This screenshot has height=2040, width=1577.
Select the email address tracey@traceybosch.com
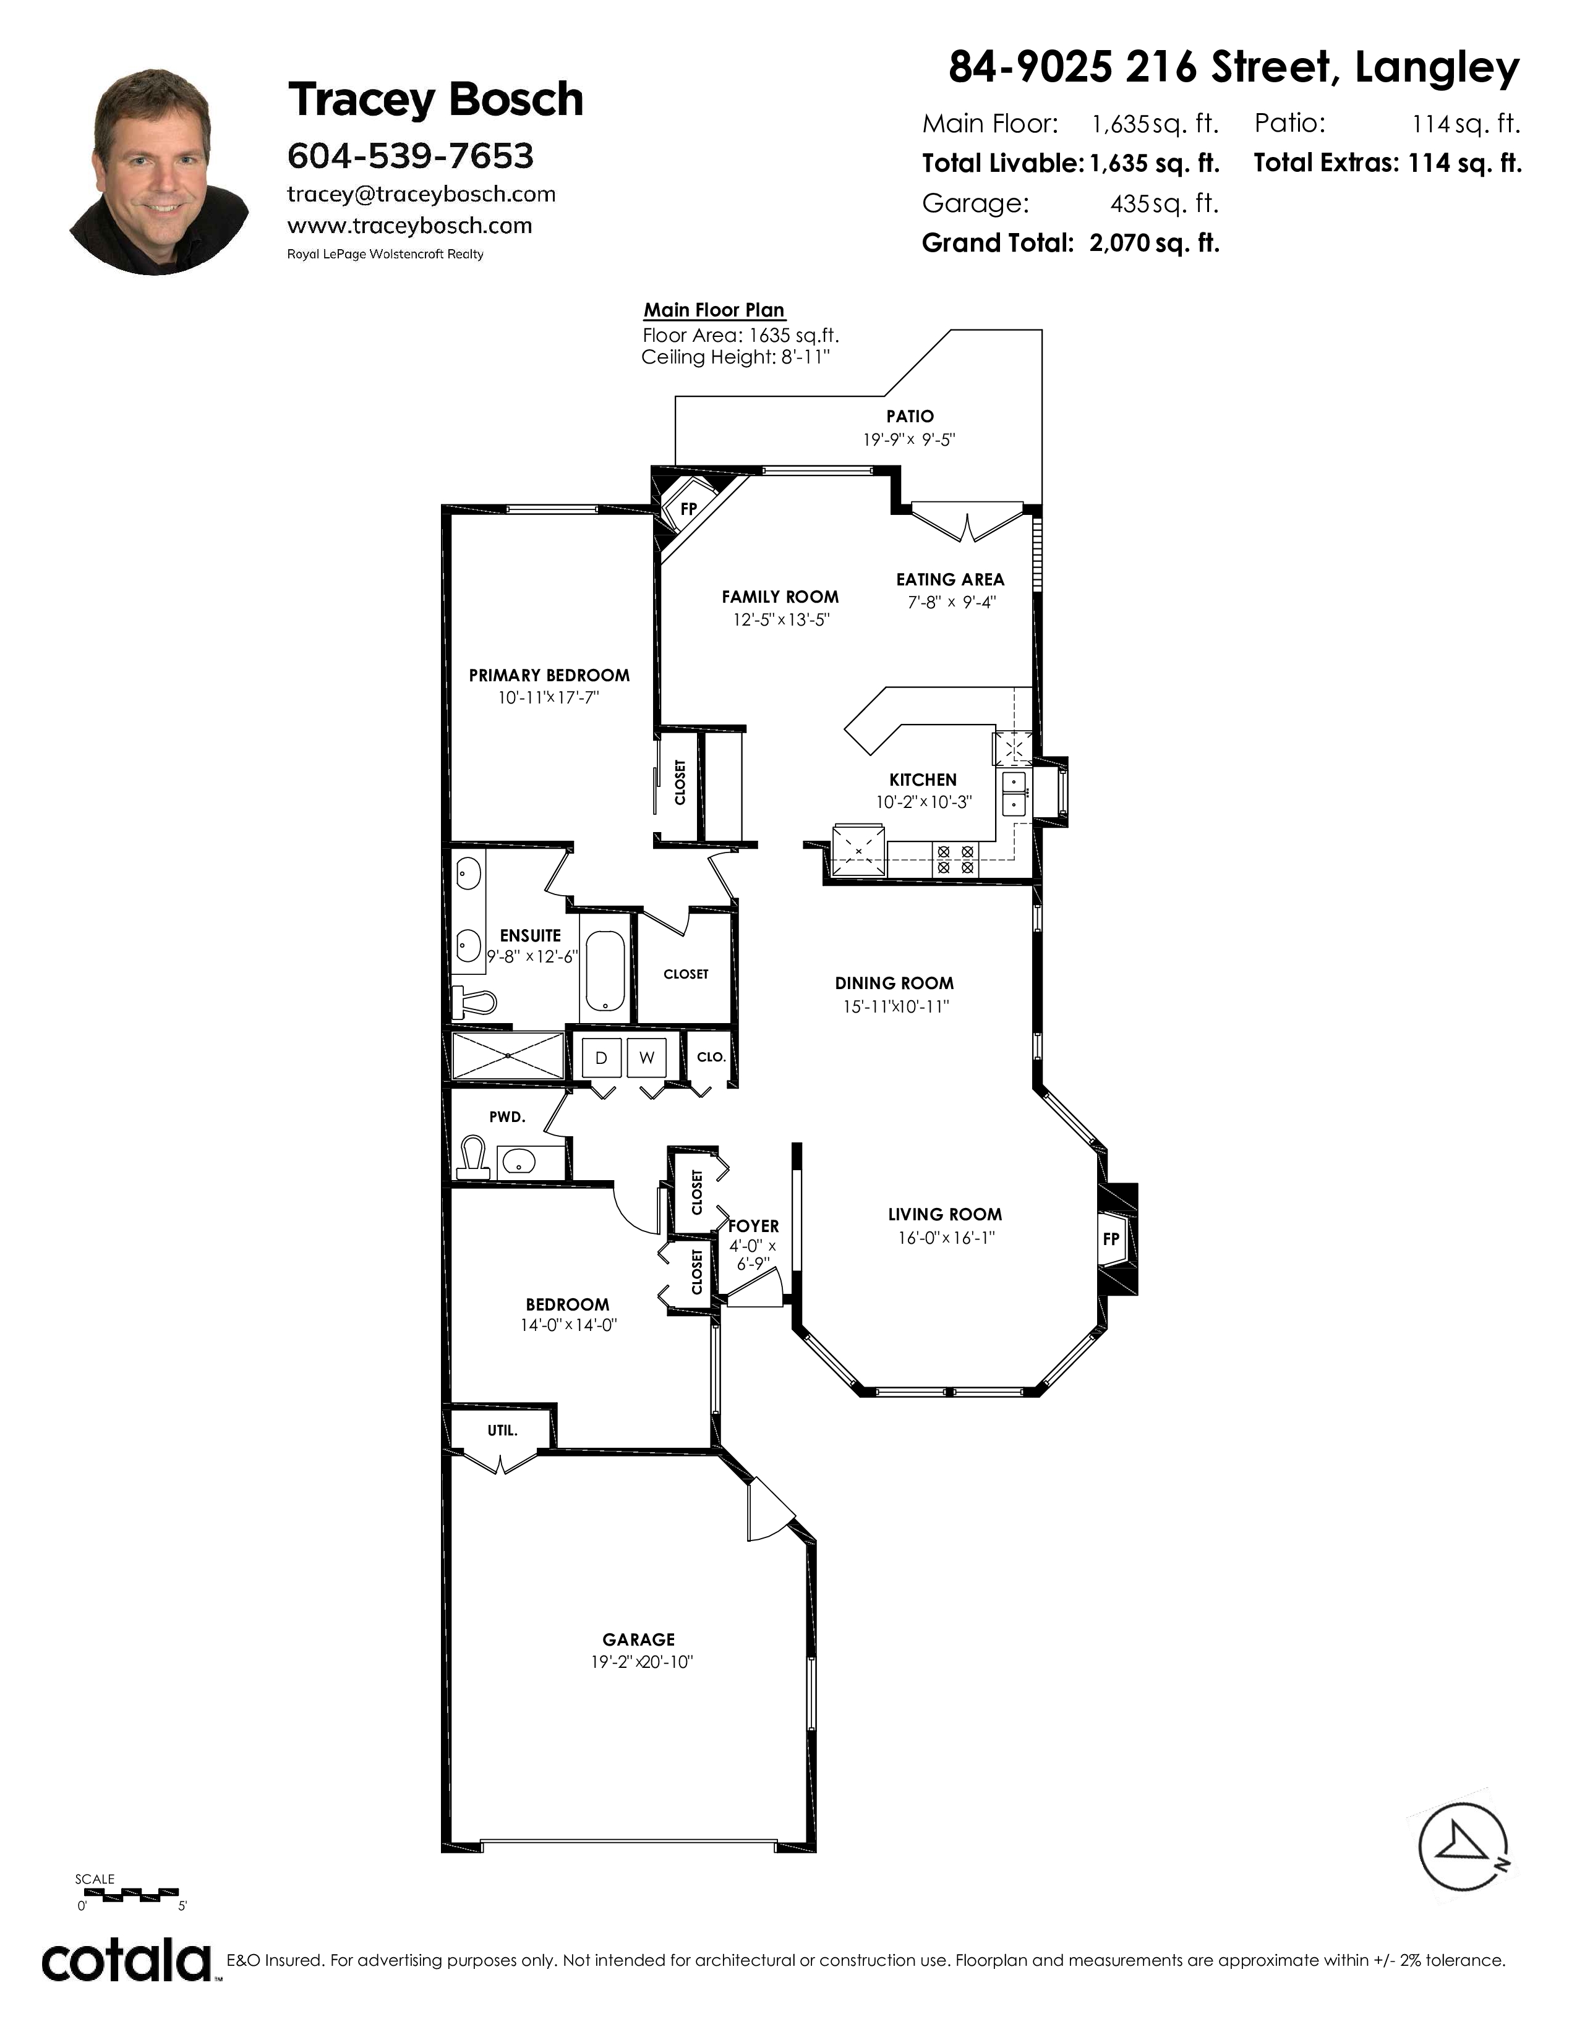tap(421, 194)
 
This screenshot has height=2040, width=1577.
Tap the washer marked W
tap(646, 1057)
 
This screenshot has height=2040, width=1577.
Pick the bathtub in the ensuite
tap(606, 971)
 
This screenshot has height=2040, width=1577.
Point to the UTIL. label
tap(503, 1430)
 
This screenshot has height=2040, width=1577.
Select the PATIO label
tap(910, 415)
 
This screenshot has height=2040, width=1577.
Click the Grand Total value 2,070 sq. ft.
tap(1155, 244)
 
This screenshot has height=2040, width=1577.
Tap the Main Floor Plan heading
tap(714, 310)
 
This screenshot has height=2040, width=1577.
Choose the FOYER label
tap(753, 1225)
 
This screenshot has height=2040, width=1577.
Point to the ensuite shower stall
tap(507, 1055)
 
